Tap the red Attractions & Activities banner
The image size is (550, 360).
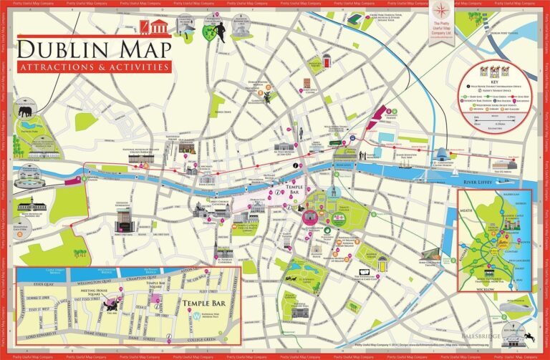coord(94,67)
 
